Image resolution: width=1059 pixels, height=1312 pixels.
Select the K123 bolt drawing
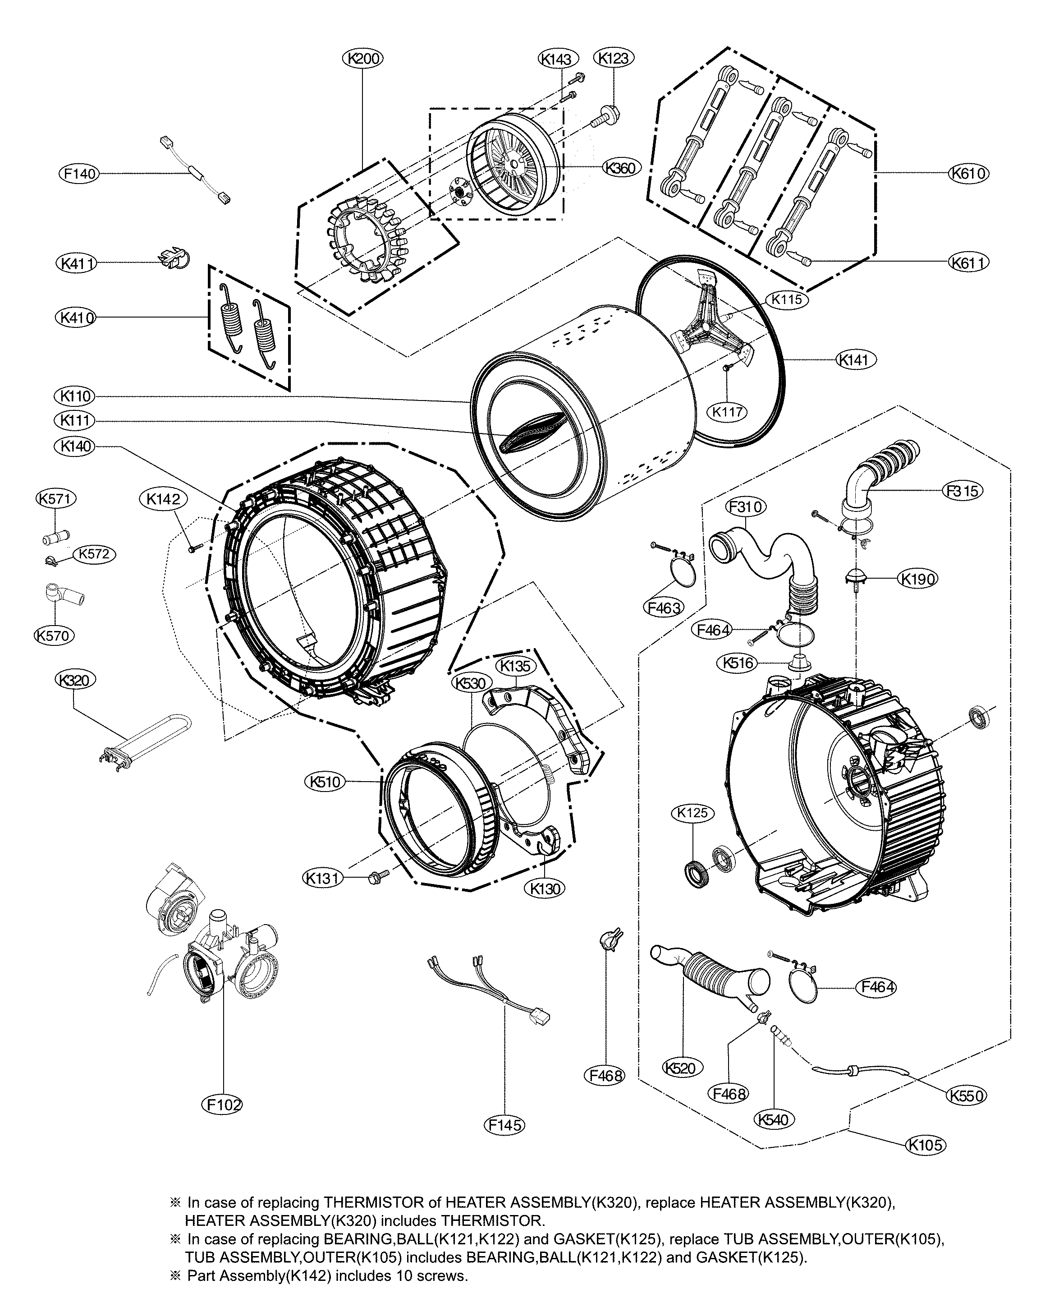click(x=606, y=115)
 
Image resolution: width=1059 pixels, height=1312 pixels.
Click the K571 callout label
click(x=55, y=498)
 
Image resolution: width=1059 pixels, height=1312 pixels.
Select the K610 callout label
click(x=969, y=174)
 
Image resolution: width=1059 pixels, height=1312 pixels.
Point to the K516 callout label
click(x=738, y=663)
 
